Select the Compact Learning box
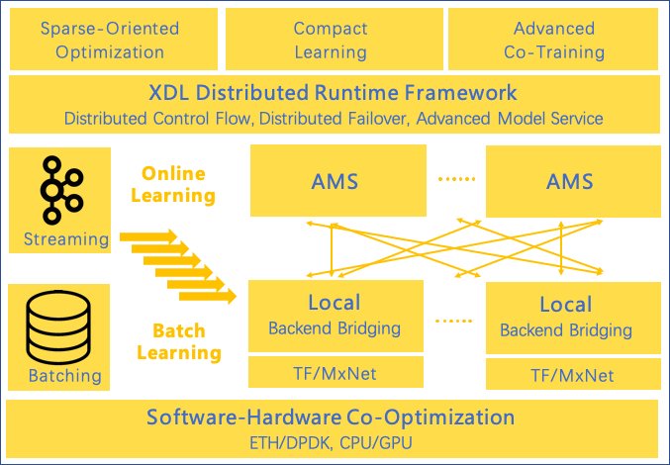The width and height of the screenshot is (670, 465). coord(331,41)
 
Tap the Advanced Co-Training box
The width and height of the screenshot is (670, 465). coord(554,41)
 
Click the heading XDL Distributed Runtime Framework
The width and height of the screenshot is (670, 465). coord(333,94)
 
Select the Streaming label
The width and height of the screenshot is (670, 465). coord(66,238)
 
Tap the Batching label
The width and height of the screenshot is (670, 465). coord(64,375)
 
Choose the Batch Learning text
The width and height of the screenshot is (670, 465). coord(179,341)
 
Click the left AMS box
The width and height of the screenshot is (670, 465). coord(335,181)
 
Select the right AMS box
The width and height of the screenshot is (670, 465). coord(570,181)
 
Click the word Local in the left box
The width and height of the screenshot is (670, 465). coord(335,303)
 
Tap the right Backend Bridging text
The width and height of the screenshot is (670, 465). coord(566,330)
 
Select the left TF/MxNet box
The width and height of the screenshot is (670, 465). coord(335,374)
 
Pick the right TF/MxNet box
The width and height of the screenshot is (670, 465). coord(572,375)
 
